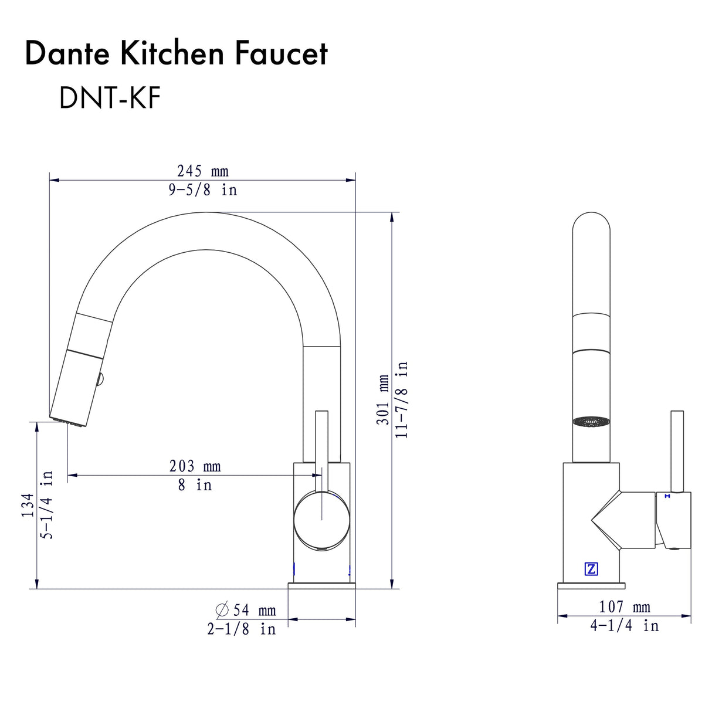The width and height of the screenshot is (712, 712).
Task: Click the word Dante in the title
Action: click(67, 54)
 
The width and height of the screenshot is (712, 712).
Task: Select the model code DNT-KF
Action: click(110, 97)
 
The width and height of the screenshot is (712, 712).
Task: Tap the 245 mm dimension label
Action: click(202, 171)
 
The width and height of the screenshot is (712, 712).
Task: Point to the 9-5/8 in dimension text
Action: click(202, 190)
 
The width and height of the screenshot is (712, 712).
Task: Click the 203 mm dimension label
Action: click(195, 466)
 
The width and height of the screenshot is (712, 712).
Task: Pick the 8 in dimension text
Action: click(195, 485)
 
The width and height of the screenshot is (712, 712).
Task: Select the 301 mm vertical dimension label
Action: click(383, 399)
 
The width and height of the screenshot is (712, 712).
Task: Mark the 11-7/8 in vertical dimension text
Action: click(402, 399)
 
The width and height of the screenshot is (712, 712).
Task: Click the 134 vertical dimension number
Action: click(28, 505)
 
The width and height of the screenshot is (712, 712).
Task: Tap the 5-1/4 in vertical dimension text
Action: click(47, 505)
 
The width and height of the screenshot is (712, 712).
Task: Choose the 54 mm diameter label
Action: click(254, 611)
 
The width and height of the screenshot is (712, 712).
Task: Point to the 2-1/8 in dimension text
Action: click(241, 629)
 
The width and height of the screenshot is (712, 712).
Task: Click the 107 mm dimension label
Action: click(624, 607)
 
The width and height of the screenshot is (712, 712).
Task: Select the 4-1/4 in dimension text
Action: click(624, 626)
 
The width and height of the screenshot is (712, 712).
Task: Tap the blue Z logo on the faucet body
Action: click(591, 568)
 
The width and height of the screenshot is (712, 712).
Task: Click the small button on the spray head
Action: click(101, 379)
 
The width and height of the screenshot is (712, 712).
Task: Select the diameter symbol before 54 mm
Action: click(222, 611)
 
